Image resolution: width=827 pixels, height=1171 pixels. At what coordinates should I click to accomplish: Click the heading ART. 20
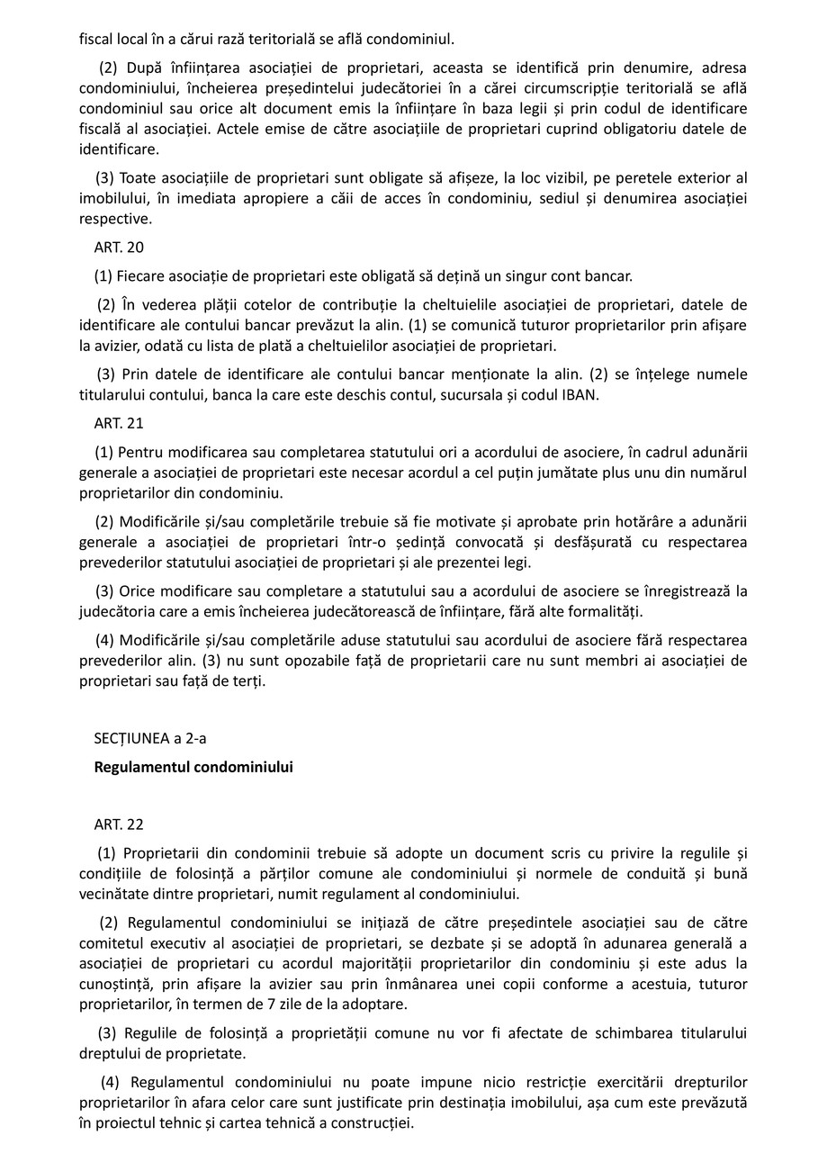[x=119, y=248]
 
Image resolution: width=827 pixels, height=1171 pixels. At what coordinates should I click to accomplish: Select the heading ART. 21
[x=119, y=423]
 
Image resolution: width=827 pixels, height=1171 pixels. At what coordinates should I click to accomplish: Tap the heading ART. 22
[x=119, y=824]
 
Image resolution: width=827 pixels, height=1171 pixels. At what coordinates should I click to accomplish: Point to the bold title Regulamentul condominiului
[x=193, y=768]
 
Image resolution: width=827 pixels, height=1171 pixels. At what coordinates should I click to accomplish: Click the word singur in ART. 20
[x=501, y=275]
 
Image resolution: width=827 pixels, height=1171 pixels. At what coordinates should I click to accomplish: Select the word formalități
[x=606, y=612]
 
